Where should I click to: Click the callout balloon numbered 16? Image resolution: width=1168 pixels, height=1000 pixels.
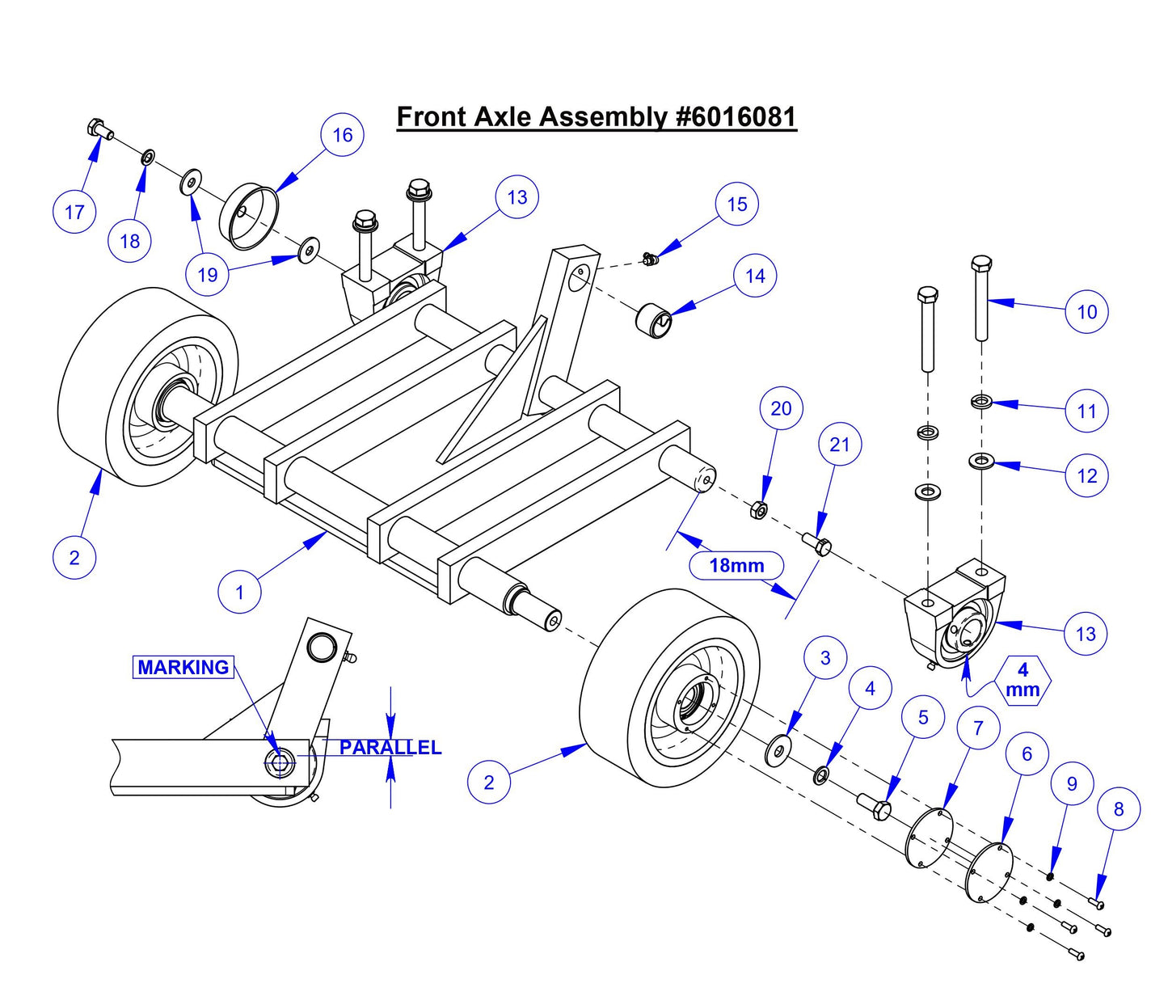[x=342, y=135]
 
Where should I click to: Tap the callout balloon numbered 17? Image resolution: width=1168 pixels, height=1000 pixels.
[x=74, y=212]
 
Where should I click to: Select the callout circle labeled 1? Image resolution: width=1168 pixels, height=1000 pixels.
[x=239, y=592]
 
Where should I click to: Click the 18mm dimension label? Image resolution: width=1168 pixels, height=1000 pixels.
[x=736, y=565]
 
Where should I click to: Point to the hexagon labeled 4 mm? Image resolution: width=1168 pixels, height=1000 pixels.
[x=1023, y=680]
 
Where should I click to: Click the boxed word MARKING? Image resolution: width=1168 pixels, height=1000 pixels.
[x=183, y=667]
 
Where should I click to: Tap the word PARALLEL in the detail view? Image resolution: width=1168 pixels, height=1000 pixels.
[x=390, y=747]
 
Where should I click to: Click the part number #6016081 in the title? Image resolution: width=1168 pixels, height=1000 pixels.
[x=736, y=117]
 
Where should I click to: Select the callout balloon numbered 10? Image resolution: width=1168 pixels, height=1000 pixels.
[x=1086, y=311]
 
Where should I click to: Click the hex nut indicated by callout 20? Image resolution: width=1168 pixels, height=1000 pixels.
[x=759, y=510]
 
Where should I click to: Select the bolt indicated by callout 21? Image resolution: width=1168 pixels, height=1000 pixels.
[x=816, y=544]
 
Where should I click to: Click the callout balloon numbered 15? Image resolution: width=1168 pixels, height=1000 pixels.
[x=736, y=204]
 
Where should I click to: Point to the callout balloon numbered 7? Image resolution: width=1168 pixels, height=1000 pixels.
[x=978, y=728]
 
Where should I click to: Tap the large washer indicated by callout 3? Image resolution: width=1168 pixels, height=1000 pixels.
[x=778, y=751]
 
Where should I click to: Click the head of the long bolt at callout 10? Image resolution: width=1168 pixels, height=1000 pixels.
[x=980, y=266]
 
